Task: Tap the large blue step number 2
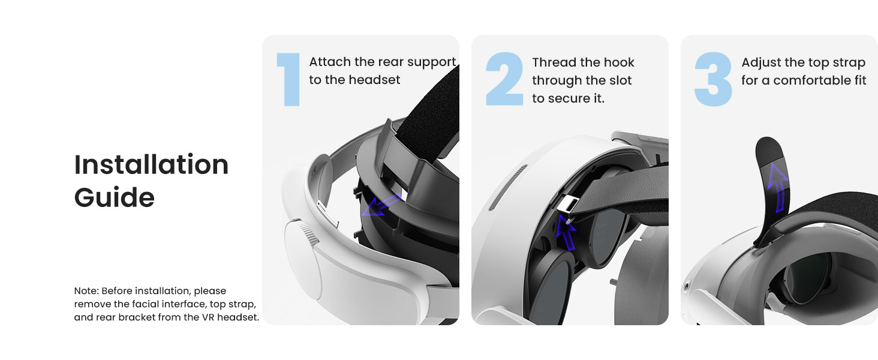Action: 504,79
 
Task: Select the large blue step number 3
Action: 713,79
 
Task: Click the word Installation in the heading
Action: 151,164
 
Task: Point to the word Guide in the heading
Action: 115,197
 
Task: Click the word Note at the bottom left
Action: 86,290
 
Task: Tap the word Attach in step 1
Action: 330,62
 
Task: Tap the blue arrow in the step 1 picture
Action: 381,205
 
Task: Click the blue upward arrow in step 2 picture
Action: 566,232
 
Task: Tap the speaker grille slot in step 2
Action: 508,187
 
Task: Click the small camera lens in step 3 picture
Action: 686,287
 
